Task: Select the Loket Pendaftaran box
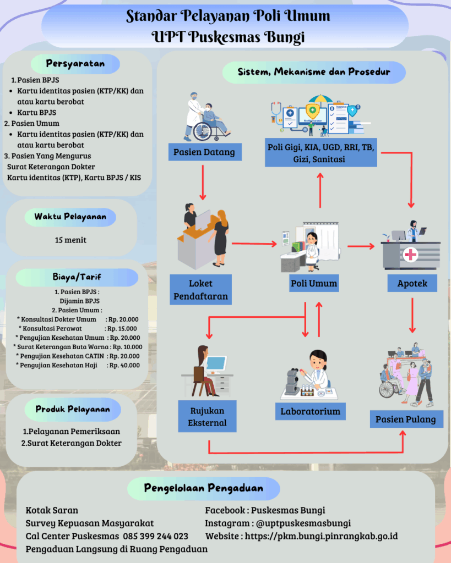[x=200, y=290]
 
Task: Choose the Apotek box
[x=412, y=283]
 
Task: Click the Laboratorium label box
[x=310, y=411]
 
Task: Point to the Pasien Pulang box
[x=405, y=419]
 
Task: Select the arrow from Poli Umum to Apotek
[x=361, y=246]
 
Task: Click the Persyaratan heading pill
[x=75, y=64]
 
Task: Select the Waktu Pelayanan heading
[x=70, y=217]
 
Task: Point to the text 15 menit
[x=70, y=240]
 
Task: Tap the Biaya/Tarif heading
[x=77, y=277]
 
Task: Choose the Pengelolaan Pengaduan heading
[x=203, y=488]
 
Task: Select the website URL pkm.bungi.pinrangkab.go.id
[x=321, y=536]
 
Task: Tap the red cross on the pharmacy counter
[x=410, y=255]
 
